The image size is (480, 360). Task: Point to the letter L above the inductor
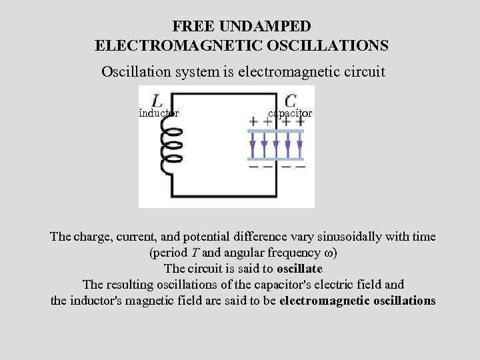pyautogui.click(x=158, y=101)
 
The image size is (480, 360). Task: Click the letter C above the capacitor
pyautogui.click(x=290, y=100)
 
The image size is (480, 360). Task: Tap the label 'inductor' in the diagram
pyautogui.click(x=158, y=113)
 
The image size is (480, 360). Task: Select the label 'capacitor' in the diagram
pyautogui.click(x=289, y=113)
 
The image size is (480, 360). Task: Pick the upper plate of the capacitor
pyautogui.click(x=275, y=132)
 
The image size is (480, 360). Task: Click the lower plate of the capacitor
pyautogui.click(x=275, y=158)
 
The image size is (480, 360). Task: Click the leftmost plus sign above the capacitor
pyautogui.click(x=253, y=122)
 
